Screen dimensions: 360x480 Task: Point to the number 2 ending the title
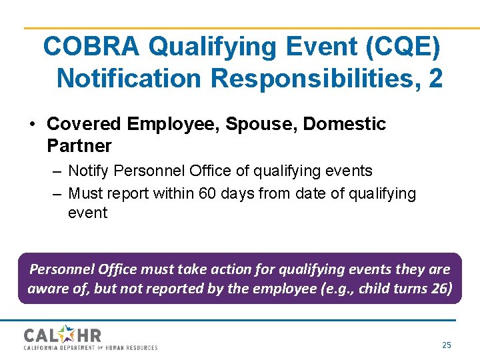click(x=435, y=78)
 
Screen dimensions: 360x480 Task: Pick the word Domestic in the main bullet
click(x=345, y=124)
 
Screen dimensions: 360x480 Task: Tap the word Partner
click(x=79, y=145)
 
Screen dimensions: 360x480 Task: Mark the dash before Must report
click(x=56, y=194)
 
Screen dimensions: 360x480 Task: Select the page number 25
click(x=447, y=345)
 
